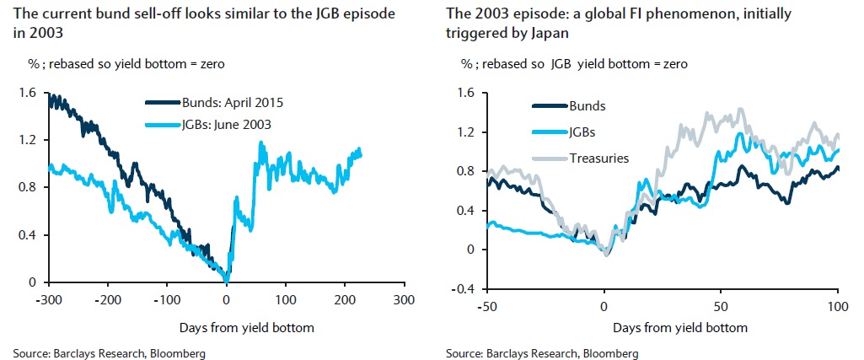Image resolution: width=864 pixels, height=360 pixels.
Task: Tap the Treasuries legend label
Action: (x=599, y=158)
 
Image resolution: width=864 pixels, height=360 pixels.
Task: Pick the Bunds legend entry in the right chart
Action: (x=588, y=106)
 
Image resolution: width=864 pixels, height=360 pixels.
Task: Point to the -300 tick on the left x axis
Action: (x=51, y=299)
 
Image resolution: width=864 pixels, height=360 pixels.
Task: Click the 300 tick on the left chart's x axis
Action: (x=405, y=299)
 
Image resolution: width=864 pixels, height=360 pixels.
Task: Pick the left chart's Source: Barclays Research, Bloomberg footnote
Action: (x=110, y=352)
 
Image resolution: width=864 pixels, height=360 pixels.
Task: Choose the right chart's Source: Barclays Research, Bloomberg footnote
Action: (x=542, y=352)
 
